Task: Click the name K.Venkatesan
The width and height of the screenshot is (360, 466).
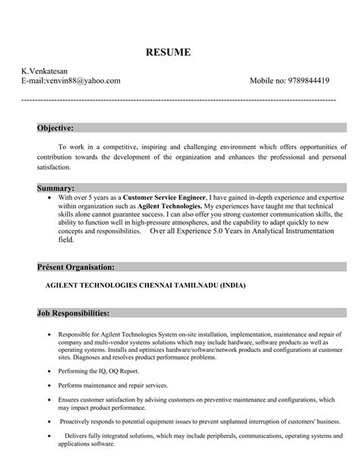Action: pos(44,70)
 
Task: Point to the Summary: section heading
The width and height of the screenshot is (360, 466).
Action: pos(55,187)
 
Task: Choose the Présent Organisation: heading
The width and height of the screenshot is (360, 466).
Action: pos(76,268)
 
